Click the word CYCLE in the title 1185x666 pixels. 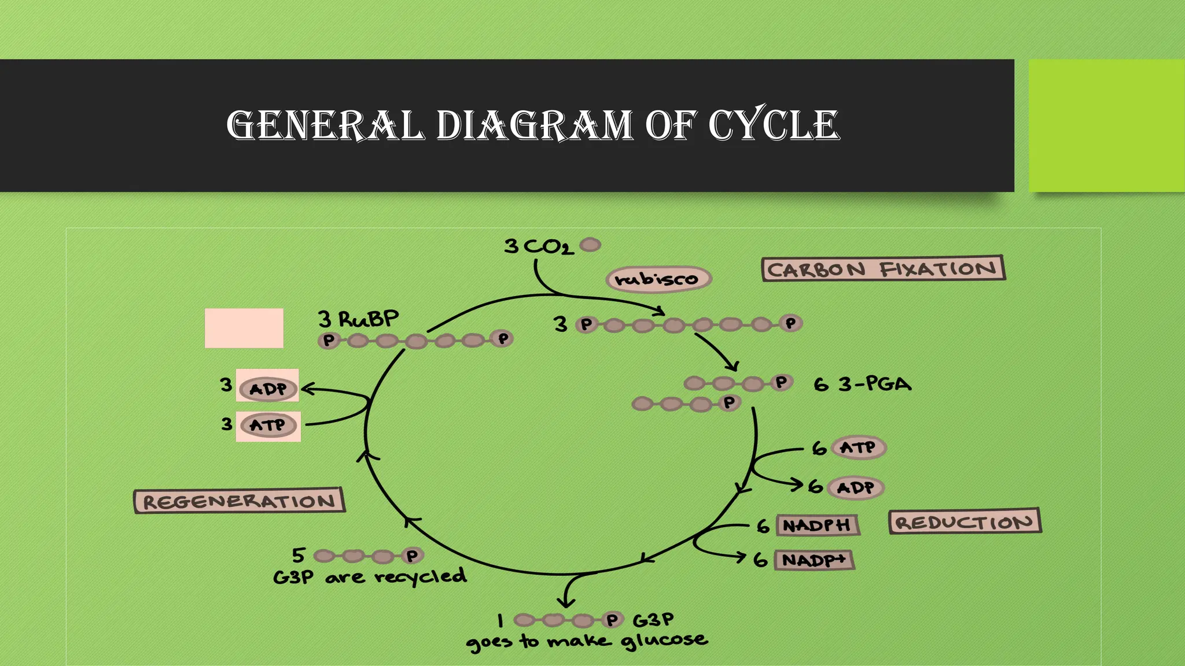[774, 124]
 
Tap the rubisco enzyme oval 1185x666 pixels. [658, 279]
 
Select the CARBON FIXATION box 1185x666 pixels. [883, 269]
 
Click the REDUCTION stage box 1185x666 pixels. [965, 522]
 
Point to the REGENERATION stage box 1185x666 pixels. [239, 501]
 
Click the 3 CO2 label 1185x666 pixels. [539, 247]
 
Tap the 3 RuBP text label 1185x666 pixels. [358, 319]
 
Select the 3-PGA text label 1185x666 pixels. [874, 384]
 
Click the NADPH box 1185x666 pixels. [816, 525]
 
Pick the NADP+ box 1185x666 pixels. [814, 560]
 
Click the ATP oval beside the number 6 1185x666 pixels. [858, 447]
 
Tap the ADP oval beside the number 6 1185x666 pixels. [856, 487]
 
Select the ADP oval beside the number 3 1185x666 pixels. [268, 388]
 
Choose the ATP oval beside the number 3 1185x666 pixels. [268, 425]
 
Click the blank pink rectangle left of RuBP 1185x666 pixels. [244, 328]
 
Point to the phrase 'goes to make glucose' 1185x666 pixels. [586, 641]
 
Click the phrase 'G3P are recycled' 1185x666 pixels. [370, 576]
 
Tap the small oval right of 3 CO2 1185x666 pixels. [590, 245]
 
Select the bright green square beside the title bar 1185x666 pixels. [1106, 125]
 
